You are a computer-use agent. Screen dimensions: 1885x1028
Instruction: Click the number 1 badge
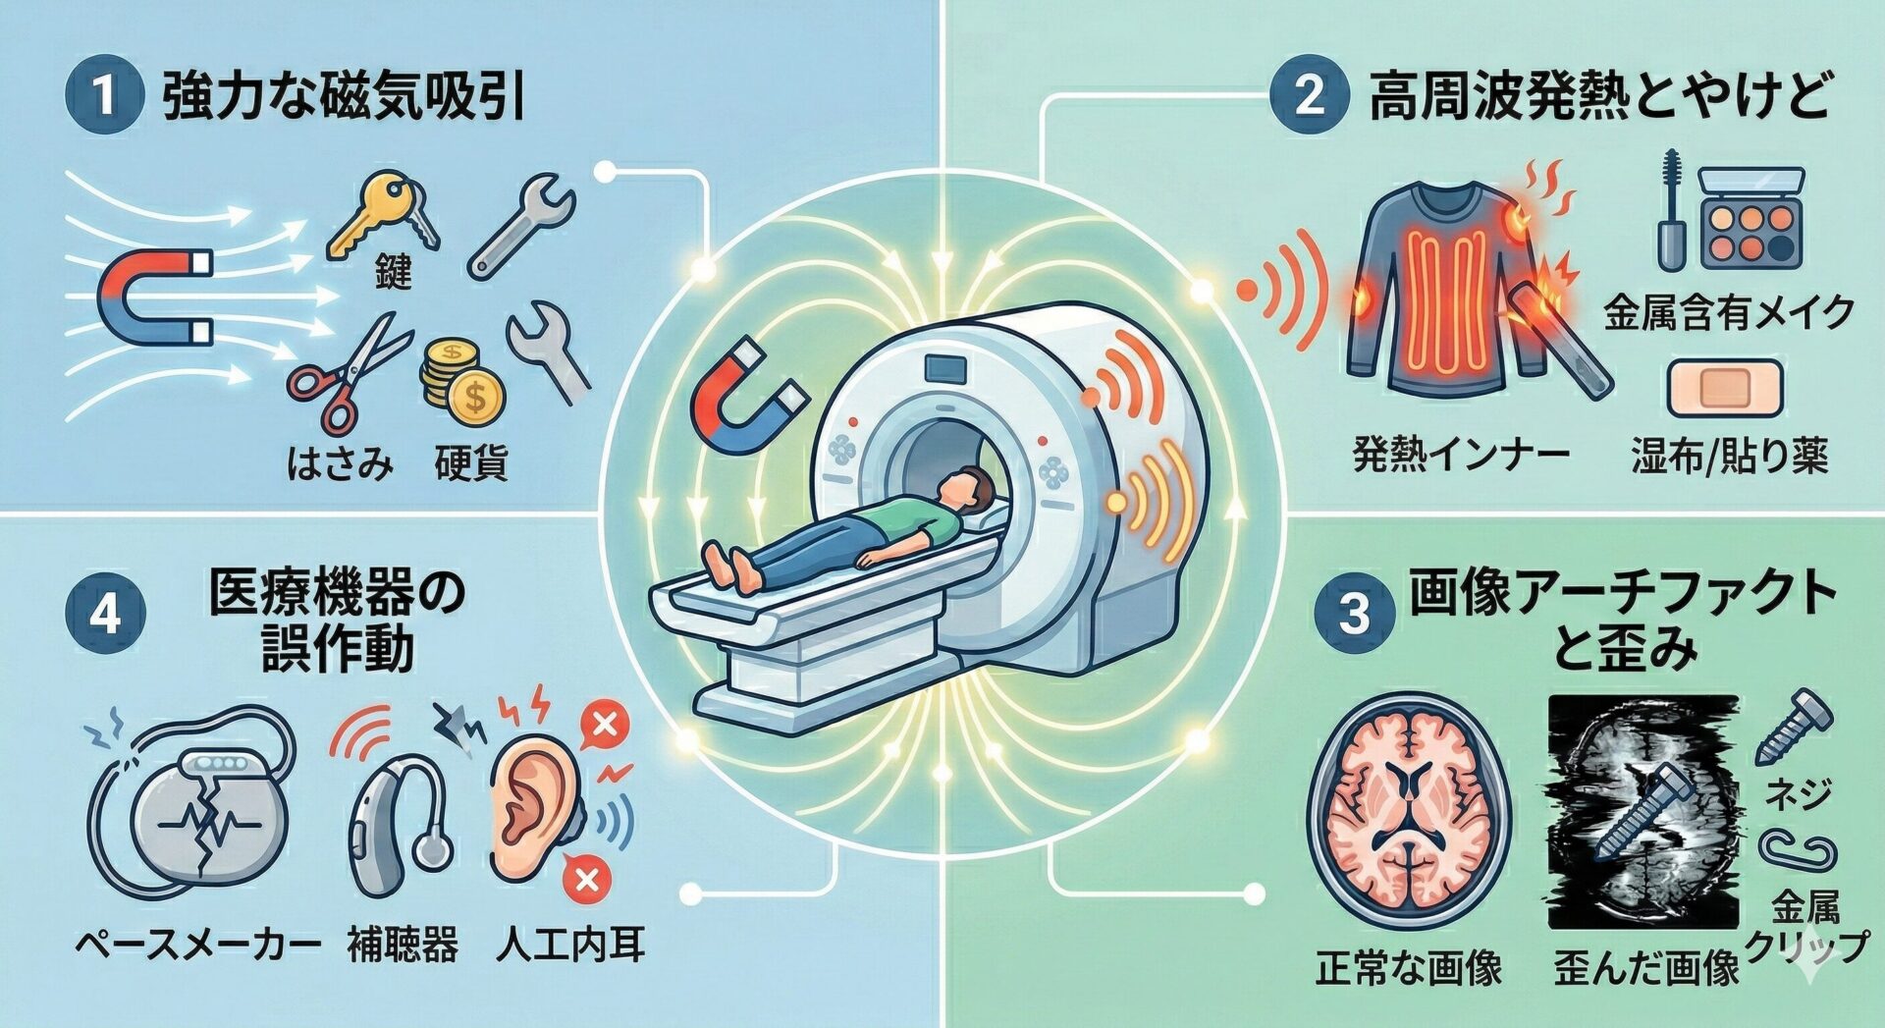[x=103, y=97]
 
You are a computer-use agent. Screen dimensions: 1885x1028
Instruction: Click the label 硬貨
[x=471, y=461]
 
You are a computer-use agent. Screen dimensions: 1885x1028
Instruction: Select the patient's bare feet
[x=732, y=568]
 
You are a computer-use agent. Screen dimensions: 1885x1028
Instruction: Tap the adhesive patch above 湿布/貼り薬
[x=1725, y=389]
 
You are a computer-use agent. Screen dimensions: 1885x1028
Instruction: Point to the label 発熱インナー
[x=1461, y=455]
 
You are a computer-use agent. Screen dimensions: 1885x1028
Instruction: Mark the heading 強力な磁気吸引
[x=343, y=99]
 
